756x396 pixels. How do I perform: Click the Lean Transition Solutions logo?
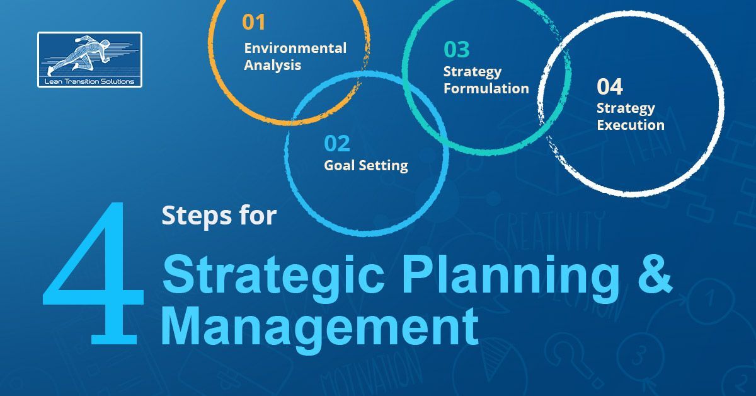89,59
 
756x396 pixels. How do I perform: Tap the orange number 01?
253,23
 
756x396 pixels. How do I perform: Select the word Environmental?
295,48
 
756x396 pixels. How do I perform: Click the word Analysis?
272,65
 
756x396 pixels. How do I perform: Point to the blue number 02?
336,144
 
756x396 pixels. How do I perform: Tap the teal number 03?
456,49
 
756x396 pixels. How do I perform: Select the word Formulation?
486,88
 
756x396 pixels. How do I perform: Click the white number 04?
610,86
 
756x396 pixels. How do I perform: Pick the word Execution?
630,125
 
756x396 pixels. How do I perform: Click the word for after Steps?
257,216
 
